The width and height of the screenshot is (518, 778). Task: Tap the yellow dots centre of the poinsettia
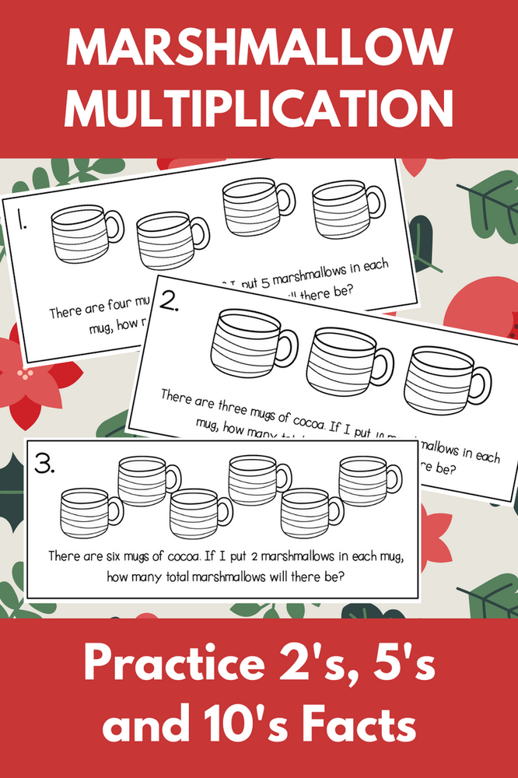point(29,375)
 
